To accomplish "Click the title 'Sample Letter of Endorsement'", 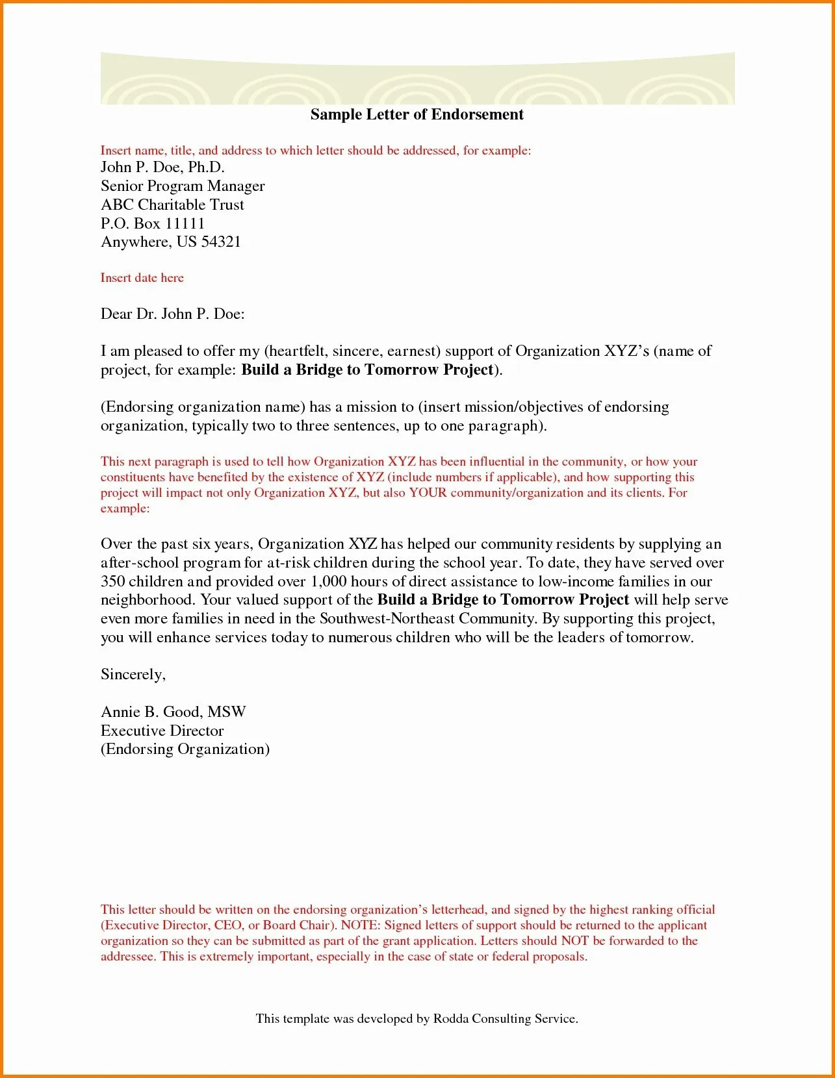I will (x=417, y=115).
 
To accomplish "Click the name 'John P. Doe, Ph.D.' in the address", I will (x=162, y=168).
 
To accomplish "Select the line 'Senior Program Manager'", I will (x=183, y=186).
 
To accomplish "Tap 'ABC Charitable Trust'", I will (x=172, y=205).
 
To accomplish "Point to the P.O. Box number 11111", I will (x=185, y=224).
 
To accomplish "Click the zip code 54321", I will (x=221, y=242).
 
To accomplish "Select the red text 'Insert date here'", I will (x=142, y=278).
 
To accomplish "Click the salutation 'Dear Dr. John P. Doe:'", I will (x=172, y=314).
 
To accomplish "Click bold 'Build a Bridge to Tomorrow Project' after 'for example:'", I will (x=367, y=370).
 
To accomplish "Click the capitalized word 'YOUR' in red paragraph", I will (x=428, y=493).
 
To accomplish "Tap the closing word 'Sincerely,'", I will (x=133, y=675).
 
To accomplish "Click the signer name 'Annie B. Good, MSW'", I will (x=173, y=712).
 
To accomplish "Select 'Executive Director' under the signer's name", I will (x=162, y=731).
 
